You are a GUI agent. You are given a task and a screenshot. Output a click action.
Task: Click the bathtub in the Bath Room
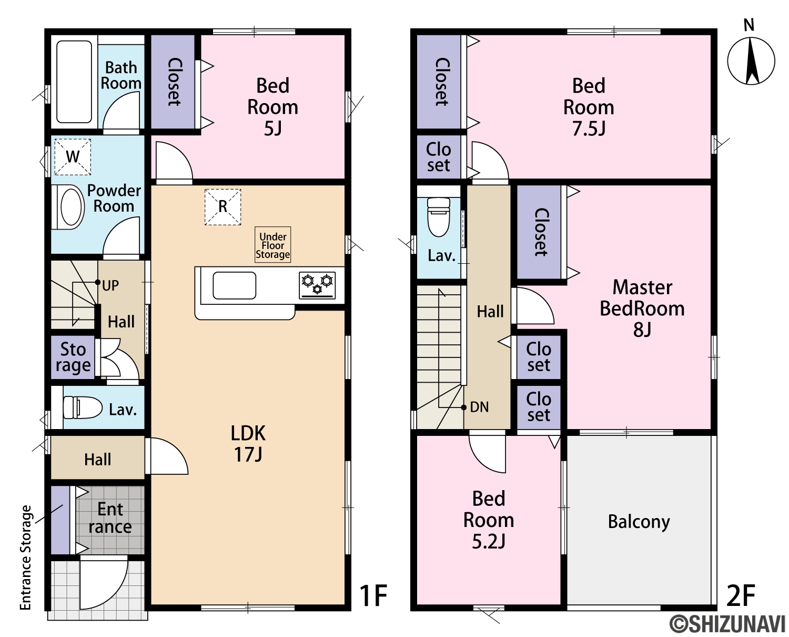click(x=74, y=82)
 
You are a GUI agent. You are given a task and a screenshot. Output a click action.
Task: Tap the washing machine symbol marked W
click(x=73, y=157)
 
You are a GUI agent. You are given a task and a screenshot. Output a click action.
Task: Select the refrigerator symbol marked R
click(x=222, y=206)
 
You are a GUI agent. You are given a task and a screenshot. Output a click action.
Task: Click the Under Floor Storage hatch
click(x=273, y=245)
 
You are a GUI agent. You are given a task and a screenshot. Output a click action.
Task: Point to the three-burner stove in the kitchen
click(x=317, y=285)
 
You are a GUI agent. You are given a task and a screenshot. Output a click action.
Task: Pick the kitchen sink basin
click(x=235, y=285)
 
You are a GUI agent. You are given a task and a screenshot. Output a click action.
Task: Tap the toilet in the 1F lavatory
click(x=83, y=407)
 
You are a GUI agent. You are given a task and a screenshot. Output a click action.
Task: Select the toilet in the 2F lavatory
click(x=439, y=217)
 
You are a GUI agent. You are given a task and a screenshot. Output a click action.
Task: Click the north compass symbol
click(x=751, y=61)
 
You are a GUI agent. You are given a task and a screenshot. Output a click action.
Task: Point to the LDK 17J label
click(x=248, y=444)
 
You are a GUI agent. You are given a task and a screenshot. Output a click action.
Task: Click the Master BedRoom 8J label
click(x=642, y=308)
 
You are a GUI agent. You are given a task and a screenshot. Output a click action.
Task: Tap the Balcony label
click(x=639, y=521)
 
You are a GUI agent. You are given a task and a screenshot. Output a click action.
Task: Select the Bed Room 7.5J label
click(x=589, y=107)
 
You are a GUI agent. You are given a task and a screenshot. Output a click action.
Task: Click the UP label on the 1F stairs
click(x=111, y=285)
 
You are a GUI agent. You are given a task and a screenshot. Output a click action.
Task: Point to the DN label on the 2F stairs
click(x=479, y=407)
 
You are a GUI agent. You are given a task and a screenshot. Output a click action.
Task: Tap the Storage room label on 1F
click(x=73, y=357)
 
